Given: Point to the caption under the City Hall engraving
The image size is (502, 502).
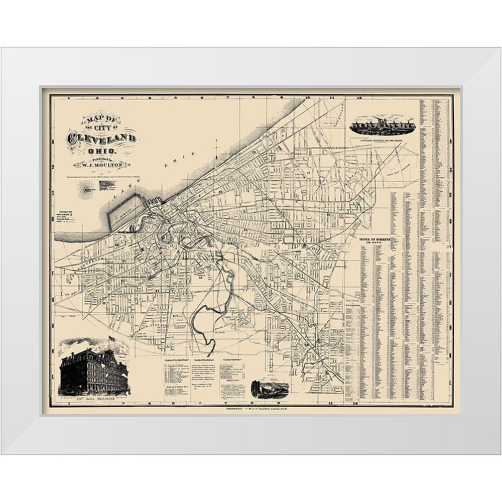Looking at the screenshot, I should (93, 398).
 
